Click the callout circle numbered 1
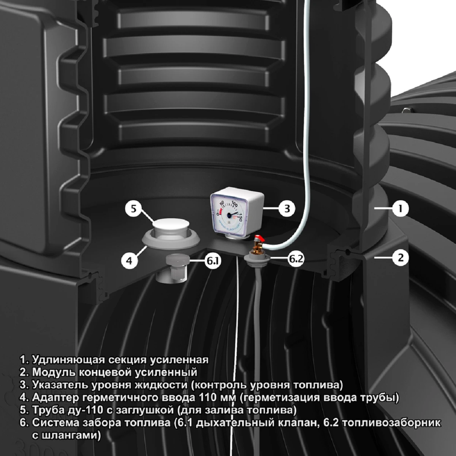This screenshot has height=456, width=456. click(400, 209)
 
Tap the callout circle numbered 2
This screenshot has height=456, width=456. click(400, 257)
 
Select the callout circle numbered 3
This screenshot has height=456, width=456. click(287, 209)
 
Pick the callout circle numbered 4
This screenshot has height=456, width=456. click(129, 261)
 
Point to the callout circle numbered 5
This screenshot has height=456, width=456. click(134, 209)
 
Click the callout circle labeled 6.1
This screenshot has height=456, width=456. click(213, 261)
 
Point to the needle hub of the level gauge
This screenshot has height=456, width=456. click(230, 215)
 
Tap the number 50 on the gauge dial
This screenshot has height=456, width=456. click(222, 203)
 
